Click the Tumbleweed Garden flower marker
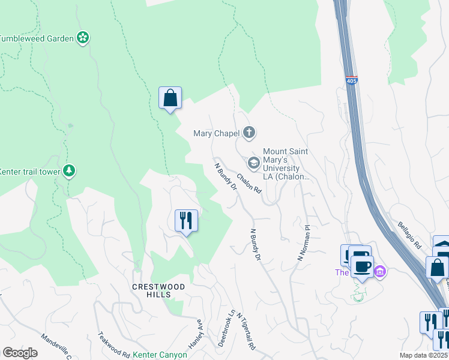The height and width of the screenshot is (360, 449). click(83, 38)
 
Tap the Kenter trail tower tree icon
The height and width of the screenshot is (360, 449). click(70, 172)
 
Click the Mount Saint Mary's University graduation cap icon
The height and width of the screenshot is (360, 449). click(253, 163)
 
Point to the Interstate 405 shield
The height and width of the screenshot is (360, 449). click(352, 80)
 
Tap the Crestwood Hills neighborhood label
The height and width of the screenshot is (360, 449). click(151, 290)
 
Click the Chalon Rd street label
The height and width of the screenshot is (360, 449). click(249, 183)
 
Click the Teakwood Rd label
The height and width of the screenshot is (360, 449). click(113, 346)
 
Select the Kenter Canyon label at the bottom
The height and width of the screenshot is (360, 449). click(160, 355)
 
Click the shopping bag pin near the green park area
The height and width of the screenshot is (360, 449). click(170, 97)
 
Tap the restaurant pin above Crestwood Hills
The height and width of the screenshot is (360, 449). click(186, 220)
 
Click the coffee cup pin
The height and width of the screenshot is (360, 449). click(363, 266)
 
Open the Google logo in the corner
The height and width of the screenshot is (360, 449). click(20, 353)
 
